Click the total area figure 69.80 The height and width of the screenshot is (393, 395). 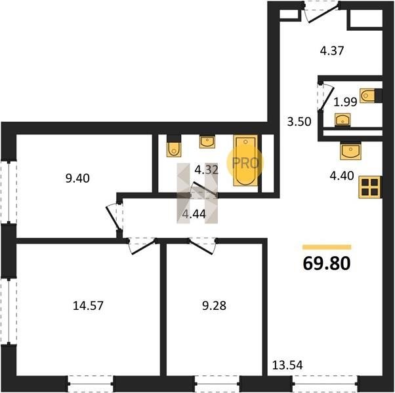[327, 263]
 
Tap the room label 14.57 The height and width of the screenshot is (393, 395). [88, 306]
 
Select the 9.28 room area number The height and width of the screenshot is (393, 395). [214, 306]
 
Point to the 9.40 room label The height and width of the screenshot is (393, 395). [77, 178]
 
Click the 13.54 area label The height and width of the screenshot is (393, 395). [287, 365]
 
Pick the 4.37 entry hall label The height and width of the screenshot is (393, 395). [332, 51]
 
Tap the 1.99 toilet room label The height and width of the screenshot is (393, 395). [345, 102]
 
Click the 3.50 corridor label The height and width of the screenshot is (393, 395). [299, 122]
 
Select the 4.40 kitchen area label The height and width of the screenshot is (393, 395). [342, 176]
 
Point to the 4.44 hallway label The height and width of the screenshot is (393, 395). [194, 214]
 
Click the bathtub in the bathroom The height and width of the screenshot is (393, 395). [245, 160]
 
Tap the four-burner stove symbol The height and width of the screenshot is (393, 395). [370, 187]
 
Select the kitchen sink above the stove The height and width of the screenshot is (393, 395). [350, 151]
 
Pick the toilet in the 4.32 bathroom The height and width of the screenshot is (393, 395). [174, 146]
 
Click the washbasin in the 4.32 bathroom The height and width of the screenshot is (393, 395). [207, 141]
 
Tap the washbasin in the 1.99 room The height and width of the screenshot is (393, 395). [343, 120]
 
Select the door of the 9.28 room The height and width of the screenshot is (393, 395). [203, 246]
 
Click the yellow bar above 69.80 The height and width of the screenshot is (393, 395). [327, 248]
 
